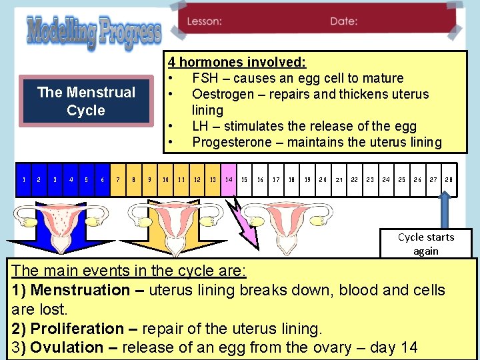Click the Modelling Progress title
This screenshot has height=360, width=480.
93,33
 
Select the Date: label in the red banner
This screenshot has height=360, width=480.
344,21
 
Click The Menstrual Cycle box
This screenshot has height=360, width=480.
86,101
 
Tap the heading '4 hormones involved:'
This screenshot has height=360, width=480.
237,63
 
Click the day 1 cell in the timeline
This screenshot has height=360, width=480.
24,180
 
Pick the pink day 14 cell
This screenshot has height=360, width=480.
229,180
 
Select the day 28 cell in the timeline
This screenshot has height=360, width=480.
449,180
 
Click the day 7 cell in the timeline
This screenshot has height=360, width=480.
118,180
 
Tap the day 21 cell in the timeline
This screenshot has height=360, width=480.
339,180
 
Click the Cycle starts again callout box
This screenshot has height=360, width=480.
425,244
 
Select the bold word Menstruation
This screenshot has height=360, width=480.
81,291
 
